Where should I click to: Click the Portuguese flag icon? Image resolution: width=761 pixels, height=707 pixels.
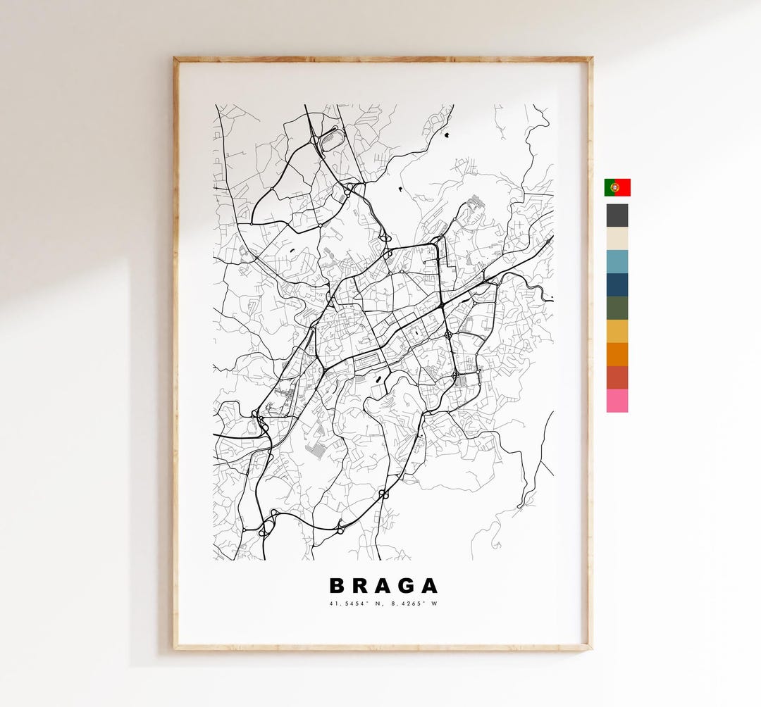point(617,187)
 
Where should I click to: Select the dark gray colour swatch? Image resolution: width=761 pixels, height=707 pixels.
point(617,215)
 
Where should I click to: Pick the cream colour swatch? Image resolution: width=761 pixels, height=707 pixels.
point(617,239)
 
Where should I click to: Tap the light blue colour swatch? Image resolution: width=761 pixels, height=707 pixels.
point(617,261)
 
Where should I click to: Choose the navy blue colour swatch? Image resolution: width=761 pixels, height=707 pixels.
point(617,284)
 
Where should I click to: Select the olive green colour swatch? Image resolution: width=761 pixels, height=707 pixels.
point(617,308)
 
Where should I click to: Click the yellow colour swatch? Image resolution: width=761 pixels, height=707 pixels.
point(617,331)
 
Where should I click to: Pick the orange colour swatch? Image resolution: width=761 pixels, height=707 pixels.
point(617,354)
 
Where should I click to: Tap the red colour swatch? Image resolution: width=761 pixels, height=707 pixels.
point(617,377)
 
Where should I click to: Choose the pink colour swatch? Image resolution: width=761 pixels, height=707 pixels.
point(617,401)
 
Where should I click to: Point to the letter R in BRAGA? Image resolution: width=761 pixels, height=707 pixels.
point(361,586)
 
